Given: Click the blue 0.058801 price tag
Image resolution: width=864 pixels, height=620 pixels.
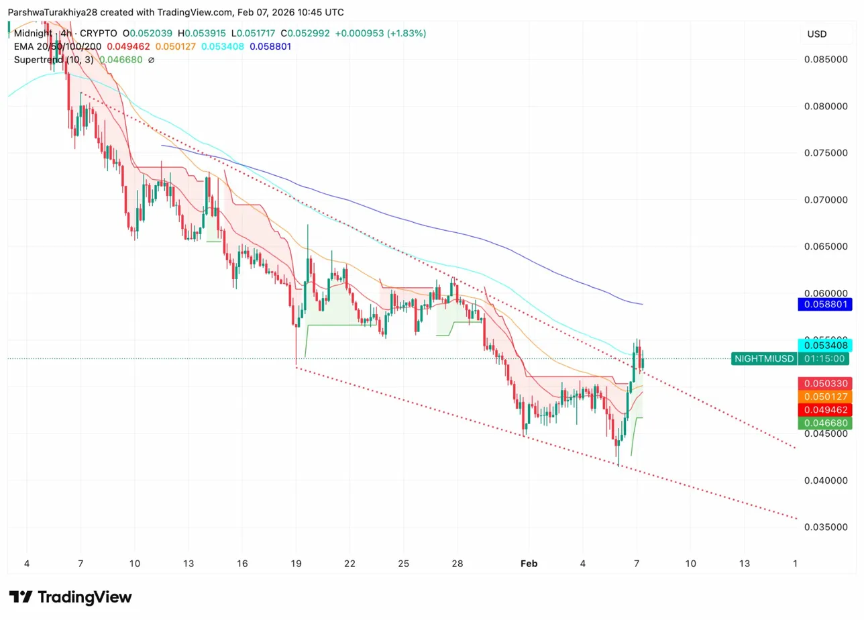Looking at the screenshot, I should click(x=824, y=304).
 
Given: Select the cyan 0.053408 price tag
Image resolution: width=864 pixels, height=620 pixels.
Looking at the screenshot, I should click(x=824, y=346).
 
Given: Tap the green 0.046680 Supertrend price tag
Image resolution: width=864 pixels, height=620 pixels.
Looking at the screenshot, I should click(x=824, y=423).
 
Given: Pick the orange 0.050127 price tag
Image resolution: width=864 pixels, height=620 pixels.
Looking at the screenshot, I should click(x=824, y=397).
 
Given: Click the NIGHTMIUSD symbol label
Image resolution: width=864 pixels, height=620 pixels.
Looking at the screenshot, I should click(x=764, y=359).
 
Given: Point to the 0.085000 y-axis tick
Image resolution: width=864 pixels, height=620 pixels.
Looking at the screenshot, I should click(x=824, y=59).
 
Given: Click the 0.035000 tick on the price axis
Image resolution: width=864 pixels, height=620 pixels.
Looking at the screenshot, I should click(x=824, y=527).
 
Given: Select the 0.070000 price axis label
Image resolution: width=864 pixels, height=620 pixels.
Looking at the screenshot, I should click(x=824, y=200).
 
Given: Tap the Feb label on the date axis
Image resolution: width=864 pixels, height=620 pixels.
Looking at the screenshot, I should click(x=529, y=564).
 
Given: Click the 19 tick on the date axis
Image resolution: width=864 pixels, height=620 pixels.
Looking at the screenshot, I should click(x=296, y=564).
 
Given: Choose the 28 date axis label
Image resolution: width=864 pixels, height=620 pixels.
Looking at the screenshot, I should click(x=457, y=564).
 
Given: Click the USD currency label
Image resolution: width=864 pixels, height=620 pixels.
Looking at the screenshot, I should click(x=817, y=34).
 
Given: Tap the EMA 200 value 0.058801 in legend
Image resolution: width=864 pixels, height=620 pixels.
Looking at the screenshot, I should click(x=270, y=46).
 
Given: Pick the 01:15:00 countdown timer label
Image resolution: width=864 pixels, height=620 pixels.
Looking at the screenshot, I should click(x=824, y=359).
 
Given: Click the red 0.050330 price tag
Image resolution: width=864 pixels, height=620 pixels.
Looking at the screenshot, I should click(x=824, y=383).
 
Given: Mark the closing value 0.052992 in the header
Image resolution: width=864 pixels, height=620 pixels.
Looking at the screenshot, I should click(x=309, y=33).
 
